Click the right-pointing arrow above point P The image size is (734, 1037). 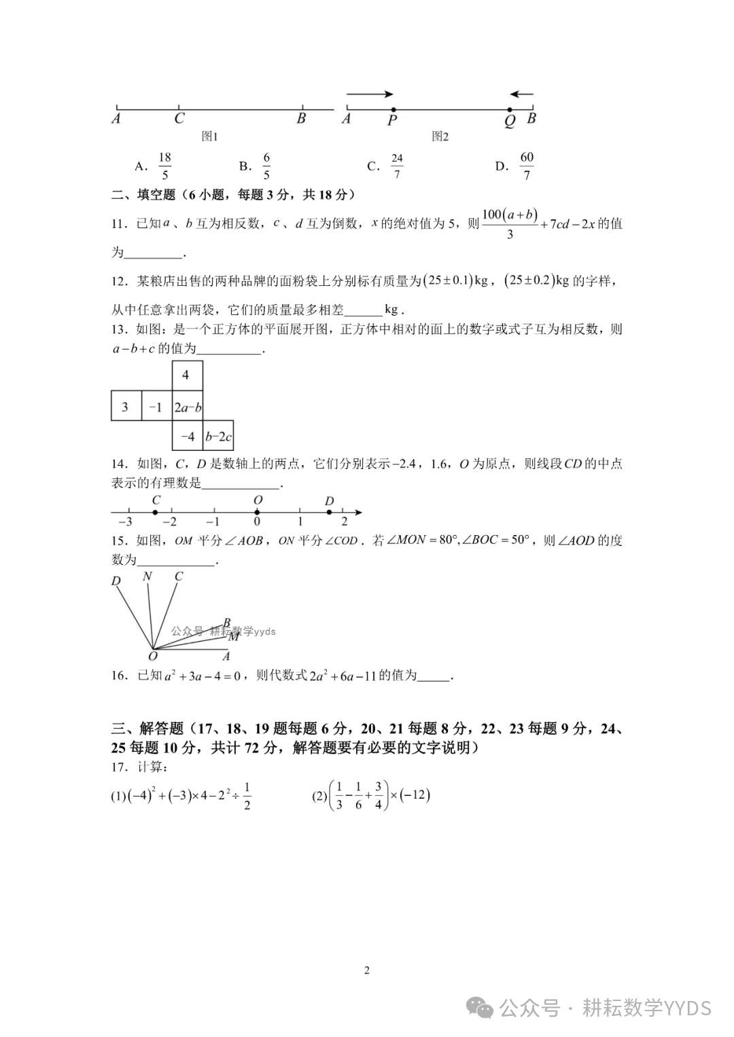pyautogui.click(x=370, y=94)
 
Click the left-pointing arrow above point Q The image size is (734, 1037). pyautogui.click(x=522, y=94)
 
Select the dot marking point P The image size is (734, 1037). pyautogui.click(x=393, y=109)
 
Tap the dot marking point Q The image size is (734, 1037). pyautogui.click(x=510, y=109)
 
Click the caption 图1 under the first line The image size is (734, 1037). pyautogui.click(x=210, y=137)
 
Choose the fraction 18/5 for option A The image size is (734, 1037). pyautogui.click(x=164, y=166)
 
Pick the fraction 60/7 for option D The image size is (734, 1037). pyautogui.click(x=527, y=166)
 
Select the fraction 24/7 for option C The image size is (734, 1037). pyautogui.click(x=397, y=166)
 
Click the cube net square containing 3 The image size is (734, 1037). pyautogui.click(x=126, y=407)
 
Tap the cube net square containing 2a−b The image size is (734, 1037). pyautogui.click(x=188, y=407)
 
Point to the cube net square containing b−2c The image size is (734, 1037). pyautogui.click(x=218, y=436)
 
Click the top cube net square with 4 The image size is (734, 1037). pyautogui.click(x=187, y=376)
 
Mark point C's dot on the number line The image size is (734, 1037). pyautogui.click(x=156, y=511)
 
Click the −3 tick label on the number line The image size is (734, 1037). pyautogui.click(x=125, y=522)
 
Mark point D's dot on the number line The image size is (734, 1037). pyautogui.click(x=328, y=511)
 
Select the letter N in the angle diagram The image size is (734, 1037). pyautogui.click(x=147, y=577)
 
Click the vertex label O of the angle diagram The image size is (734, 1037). pyautogui.click(x=152, y=656)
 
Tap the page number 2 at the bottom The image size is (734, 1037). pyautogui.click(x=367, y=970)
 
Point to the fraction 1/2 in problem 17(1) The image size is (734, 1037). pyautogui.click(x=246, y=797)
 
